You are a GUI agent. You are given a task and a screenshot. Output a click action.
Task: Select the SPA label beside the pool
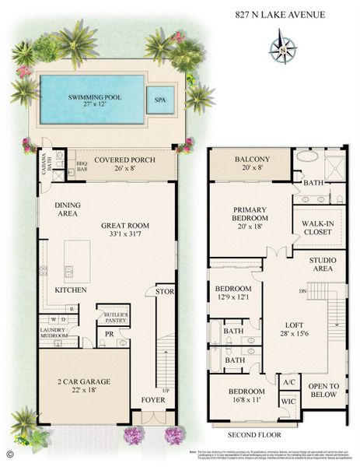point(160,100)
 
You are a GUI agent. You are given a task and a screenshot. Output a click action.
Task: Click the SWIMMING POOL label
point(87,97)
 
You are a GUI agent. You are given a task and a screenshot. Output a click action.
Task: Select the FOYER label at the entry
point(153,400)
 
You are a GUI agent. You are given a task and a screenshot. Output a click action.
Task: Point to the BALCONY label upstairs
point(250,160)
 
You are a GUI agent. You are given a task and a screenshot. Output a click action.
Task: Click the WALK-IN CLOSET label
point(318,227)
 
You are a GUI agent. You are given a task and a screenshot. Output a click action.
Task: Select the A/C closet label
point(288,382)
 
